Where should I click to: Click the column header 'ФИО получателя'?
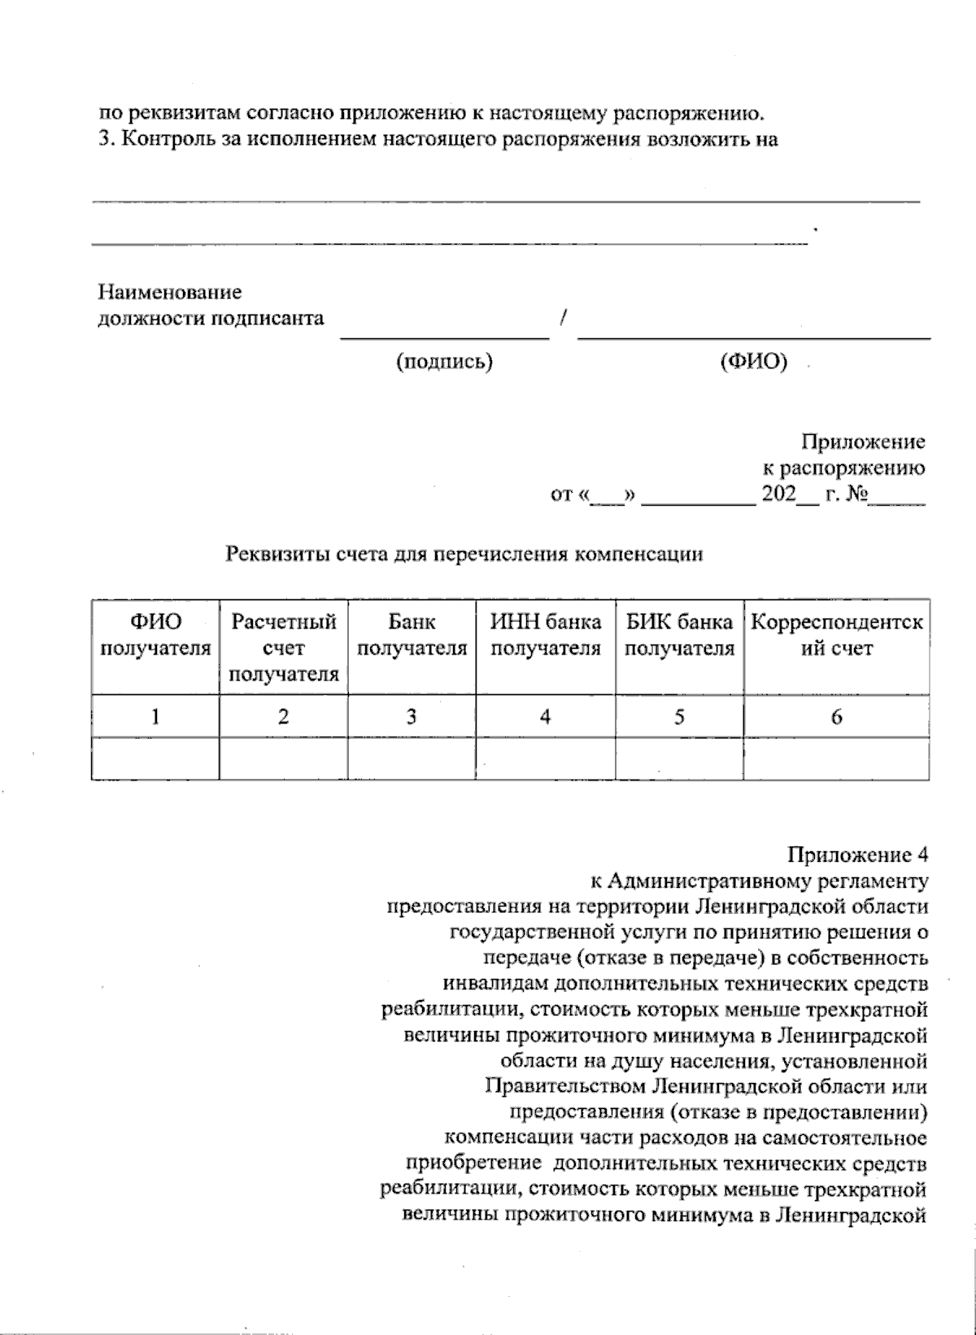tap(155, 636)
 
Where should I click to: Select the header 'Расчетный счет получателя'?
tap(283, 648)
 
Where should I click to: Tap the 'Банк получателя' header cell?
tap(412, 636)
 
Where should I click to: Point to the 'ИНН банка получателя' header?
tap(545, 636)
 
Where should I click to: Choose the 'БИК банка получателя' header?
tap(679, 636)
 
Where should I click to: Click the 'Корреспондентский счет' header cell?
tap(836, 636)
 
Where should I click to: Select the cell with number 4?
tap(545, 716)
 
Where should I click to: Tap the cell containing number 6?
tap(836, 716)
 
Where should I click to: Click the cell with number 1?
tap(155, 716)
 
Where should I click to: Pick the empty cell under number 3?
tap(412, 759)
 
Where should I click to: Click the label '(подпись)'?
tap(444, 362)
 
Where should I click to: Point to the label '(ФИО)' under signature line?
tap(754, 362)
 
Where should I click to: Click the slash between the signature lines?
tap(563, 318)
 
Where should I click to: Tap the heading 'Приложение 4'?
tap(856, 854)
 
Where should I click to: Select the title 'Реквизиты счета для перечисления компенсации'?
tap(464, 554)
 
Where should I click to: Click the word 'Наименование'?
tap(170, 292)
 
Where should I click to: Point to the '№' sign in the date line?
tap(854, 494)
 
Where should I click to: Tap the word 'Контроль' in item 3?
tap(159, 138)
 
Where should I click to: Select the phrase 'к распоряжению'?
tap(843, 468)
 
